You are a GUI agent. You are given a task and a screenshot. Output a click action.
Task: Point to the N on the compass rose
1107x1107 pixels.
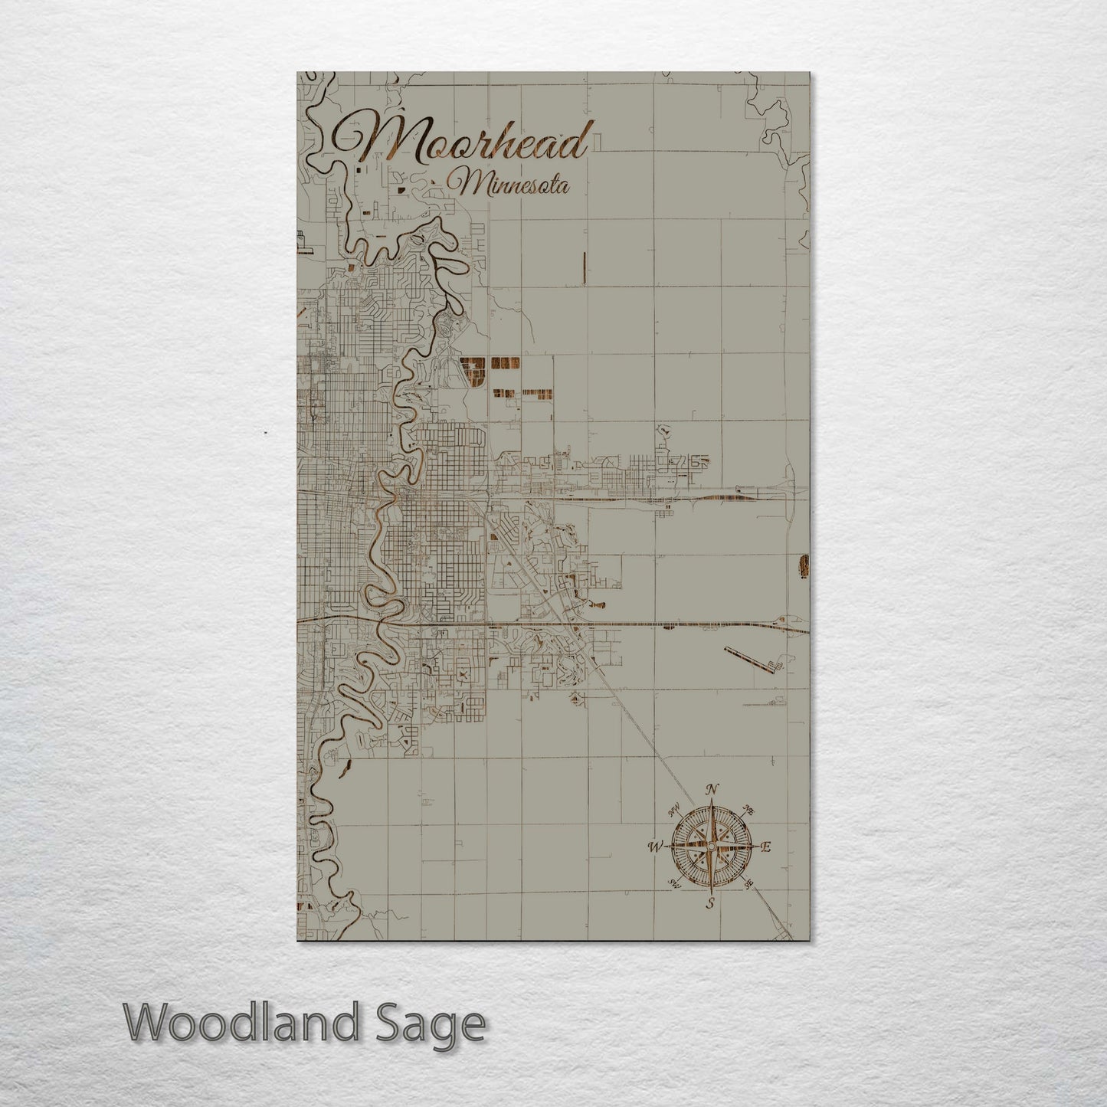tap(712, 790)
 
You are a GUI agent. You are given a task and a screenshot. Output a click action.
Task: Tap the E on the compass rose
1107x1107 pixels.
tap(765, 847)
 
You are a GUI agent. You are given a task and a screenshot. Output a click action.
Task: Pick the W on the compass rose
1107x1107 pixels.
tap(656, 847)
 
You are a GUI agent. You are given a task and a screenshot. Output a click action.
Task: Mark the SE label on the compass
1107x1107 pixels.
tap(748, 884)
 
